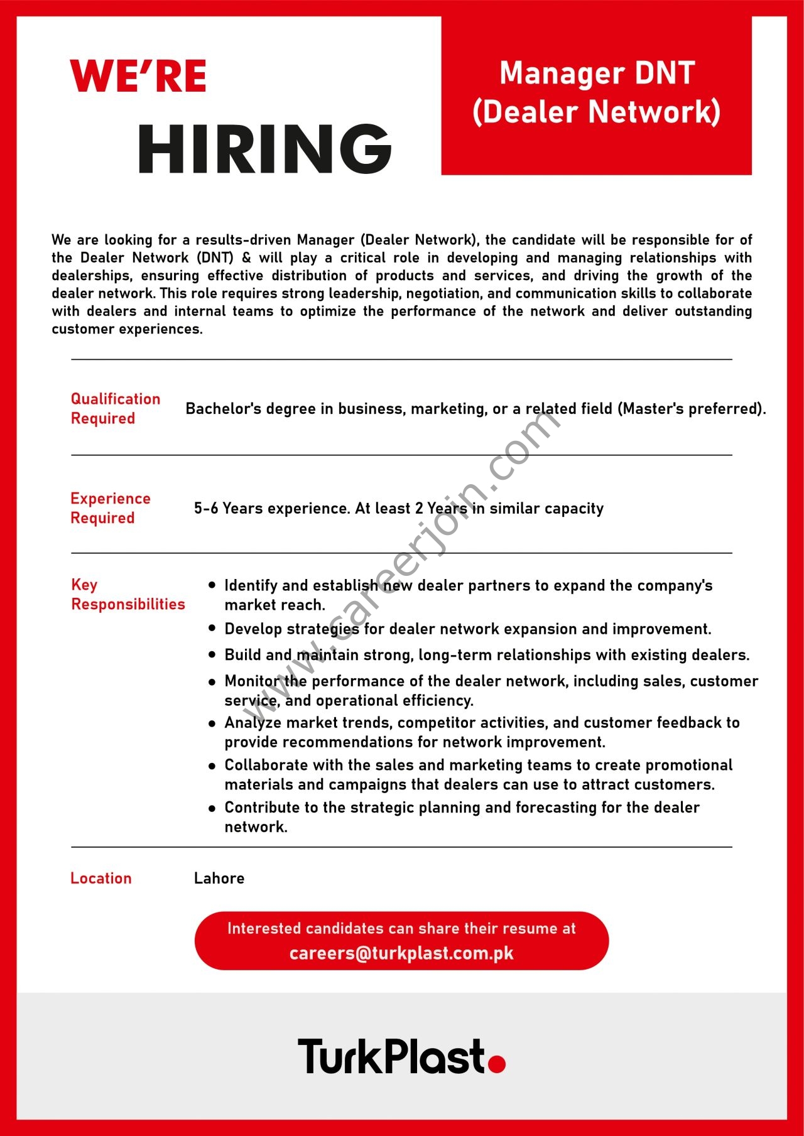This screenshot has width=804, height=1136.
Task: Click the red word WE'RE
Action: point(138,77)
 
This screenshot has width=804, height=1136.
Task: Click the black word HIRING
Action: point(264,149)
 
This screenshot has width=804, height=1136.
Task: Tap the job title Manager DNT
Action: point(597,73)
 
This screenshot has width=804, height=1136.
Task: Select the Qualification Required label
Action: point(116,409)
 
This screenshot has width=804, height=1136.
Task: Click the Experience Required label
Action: point(111,508)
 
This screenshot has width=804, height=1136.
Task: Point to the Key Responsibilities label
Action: point(128,594)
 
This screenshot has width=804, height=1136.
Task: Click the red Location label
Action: point(101,878)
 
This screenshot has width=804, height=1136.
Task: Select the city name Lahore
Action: point(219,878)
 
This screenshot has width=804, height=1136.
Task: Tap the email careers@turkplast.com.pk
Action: point(401,953)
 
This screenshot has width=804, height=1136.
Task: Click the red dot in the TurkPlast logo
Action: point(497,1064)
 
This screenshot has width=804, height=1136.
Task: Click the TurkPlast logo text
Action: point(393,1056)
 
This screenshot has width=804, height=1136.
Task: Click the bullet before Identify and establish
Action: point(212,585)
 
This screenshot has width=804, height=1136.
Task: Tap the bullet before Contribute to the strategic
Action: point(212,808)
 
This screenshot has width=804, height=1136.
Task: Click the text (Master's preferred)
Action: point(692,409)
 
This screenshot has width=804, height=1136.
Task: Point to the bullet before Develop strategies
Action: point(212,629)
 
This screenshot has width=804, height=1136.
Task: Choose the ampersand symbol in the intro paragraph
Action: point(246,257)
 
